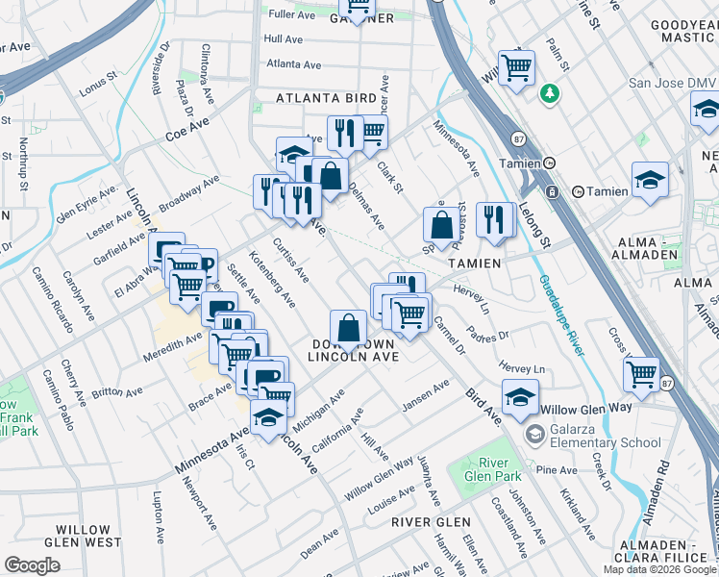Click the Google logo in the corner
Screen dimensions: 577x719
pos(33,565)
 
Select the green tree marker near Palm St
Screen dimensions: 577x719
pos(549,94)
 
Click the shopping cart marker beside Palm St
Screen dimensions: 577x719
pos(516,67)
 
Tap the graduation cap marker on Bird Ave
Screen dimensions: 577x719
pos(519,399)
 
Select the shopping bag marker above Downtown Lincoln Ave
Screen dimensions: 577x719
pos(348,329)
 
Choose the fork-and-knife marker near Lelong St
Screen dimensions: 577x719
pos(495,220)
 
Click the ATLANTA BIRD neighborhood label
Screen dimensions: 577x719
pos(326,98)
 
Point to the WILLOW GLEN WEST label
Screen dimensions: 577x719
pos(96,537)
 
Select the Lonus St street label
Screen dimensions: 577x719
pos(98,80)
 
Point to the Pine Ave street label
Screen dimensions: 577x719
pos(557,470)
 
